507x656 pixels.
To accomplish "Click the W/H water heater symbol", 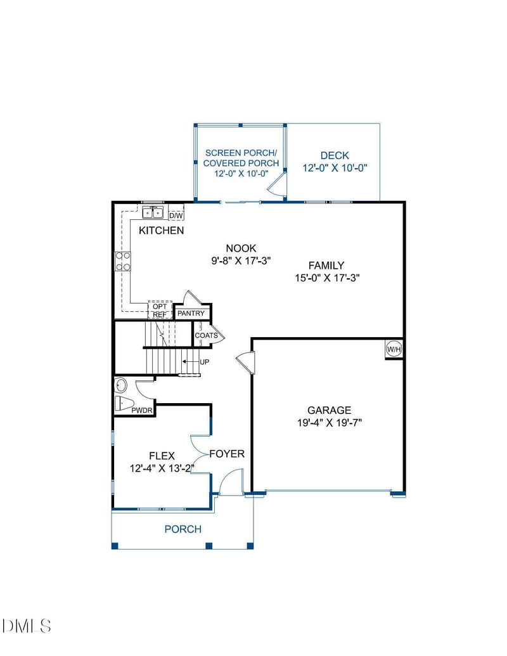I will pyautogui.click(x=394, y=349).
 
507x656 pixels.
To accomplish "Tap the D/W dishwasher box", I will pyautogui.click(x=176, y=215).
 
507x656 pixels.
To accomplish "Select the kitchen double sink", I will pyautogui.click(x=153, y=212).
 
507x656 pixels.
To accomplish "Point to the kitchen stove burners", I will pyautogui.click(x=123, y=260).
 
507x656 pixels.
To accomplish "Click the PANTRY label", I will pyautogui.click(x=191, y=314).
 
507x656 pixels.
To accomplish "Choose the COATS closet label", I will pyautogui.click(x=206, y=335).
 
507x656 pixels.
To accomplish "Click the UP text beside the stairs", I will pyautogui.click(x=204, y=362).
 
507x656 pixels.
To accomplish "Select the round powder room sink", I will pyautogui.click(x=120, y=385).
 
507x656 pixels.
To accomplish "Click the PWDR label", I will pyautogui.click(x=142, y=411).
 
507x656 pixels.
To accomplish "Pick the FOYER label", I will pyautogui.click(x=227, y=454).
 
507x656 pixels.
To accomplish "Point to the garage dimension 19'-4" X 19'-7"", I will pyautogui.click(x=330, y=423).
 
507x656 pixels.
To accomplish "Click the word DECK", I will pyautogui.click(x=335, y=155).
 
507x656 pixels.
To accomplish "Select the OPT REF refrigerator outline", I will pyautogui.click(x=160, y=310).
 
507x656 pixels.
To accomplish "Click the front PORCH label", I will pyautogui.click(x=183, y=529).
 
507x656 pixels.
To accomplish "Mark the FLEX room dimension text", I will pyautogui.click(x=161, y=468).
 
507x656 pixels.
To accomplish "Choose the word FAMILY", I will pyautogui.click(x=326, y=266).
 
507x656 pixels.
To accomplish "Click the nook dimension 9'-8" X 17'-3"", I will pyautogui.click(x=241, y=260).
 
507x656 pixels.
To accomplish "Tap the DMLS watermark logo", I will pyautogui.click(x=27, y=626).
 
